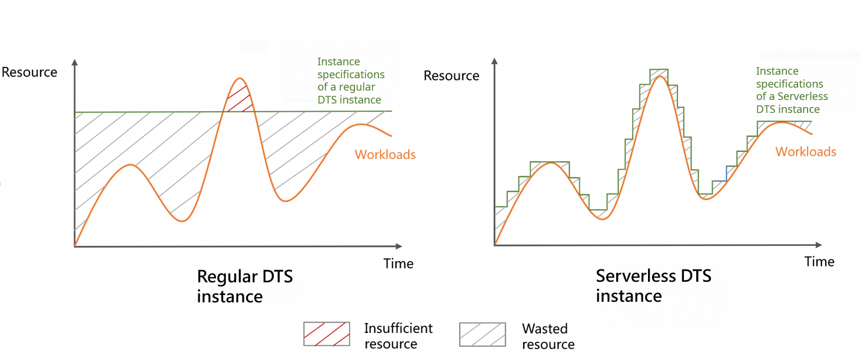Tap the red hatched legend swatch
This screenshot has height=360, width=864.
click(x=327, y=334)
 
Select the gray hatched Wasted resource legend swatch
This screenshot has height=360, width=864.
click(x=482, y=334)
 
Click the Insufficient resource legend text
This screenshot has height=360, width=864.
click(x=398, y=336)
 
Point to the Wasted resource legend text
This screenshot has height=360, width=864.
click(x=548, y=336)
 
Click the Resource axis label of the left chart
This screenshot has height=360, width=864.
click(x=29, y=72)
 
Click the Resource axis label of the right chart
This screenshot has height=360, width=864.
click(x=451, y=76)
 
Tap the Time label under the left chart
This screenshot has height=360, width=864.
click(x=398, y=264)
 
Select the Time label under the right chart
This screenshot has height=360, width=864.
click(x=819, y=262)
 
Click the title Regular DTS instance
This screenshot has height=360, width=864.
click(x=244, y=286)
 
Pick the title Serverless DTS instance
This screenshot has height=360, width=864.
click(x=653, y=285)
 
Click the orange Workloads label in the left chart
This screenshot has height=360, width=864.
click(x=385, y=155)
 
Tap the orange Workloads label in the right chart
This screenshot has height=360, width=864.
click(x=806, y=152)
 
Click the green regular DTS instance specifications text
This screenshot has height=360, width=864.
click(x=351, y=81)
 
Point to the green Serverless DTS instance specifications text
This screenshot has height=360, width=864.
click(x=792, y=90)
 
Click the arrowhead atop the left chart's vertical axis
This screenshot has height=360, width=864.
click(x=75, y=62)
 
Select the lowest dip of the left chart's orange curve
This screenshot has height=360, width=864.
click(x=183, y=221)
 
